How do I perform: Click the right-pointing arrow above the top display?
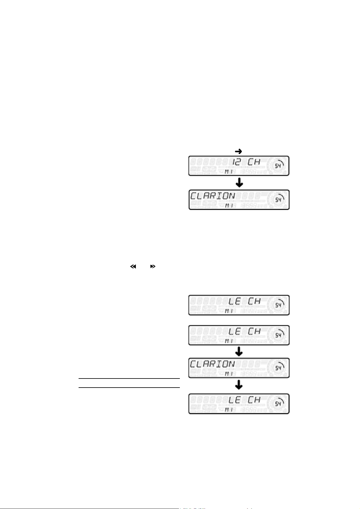[x=239, y=151]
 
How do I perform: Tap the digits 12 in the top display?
[x=237, y=162]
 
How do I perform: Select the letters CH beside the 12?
[x=254, y=162]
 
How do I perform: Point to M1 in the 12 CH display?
[x=229, y=172]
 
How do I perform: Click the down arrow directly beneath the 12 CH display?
[x=239, y=182]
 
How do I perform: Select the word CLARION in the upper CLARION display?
[x=212, y=196]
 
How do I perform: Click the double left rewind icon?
[x=133, y=267]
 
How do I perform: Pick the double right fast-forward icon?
[x=153, y=267]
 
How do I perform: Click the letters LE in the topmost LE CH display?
[x=234, y=301]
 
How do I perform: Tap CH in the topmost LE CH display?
[x=254, y=301]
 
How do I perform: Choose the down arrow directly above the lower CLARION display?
[x=239, y=351]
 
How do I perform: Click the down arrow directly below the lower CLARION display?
[x=239, y=385]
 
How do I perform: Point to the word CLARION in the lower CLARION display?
[x=212, y=364]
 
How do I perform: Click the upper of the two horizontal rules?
[x=129, y=379]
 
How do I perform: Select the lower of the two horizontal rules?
[x=129, y=388]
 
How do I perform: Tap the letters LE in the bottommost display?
[x=234, y=400]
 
